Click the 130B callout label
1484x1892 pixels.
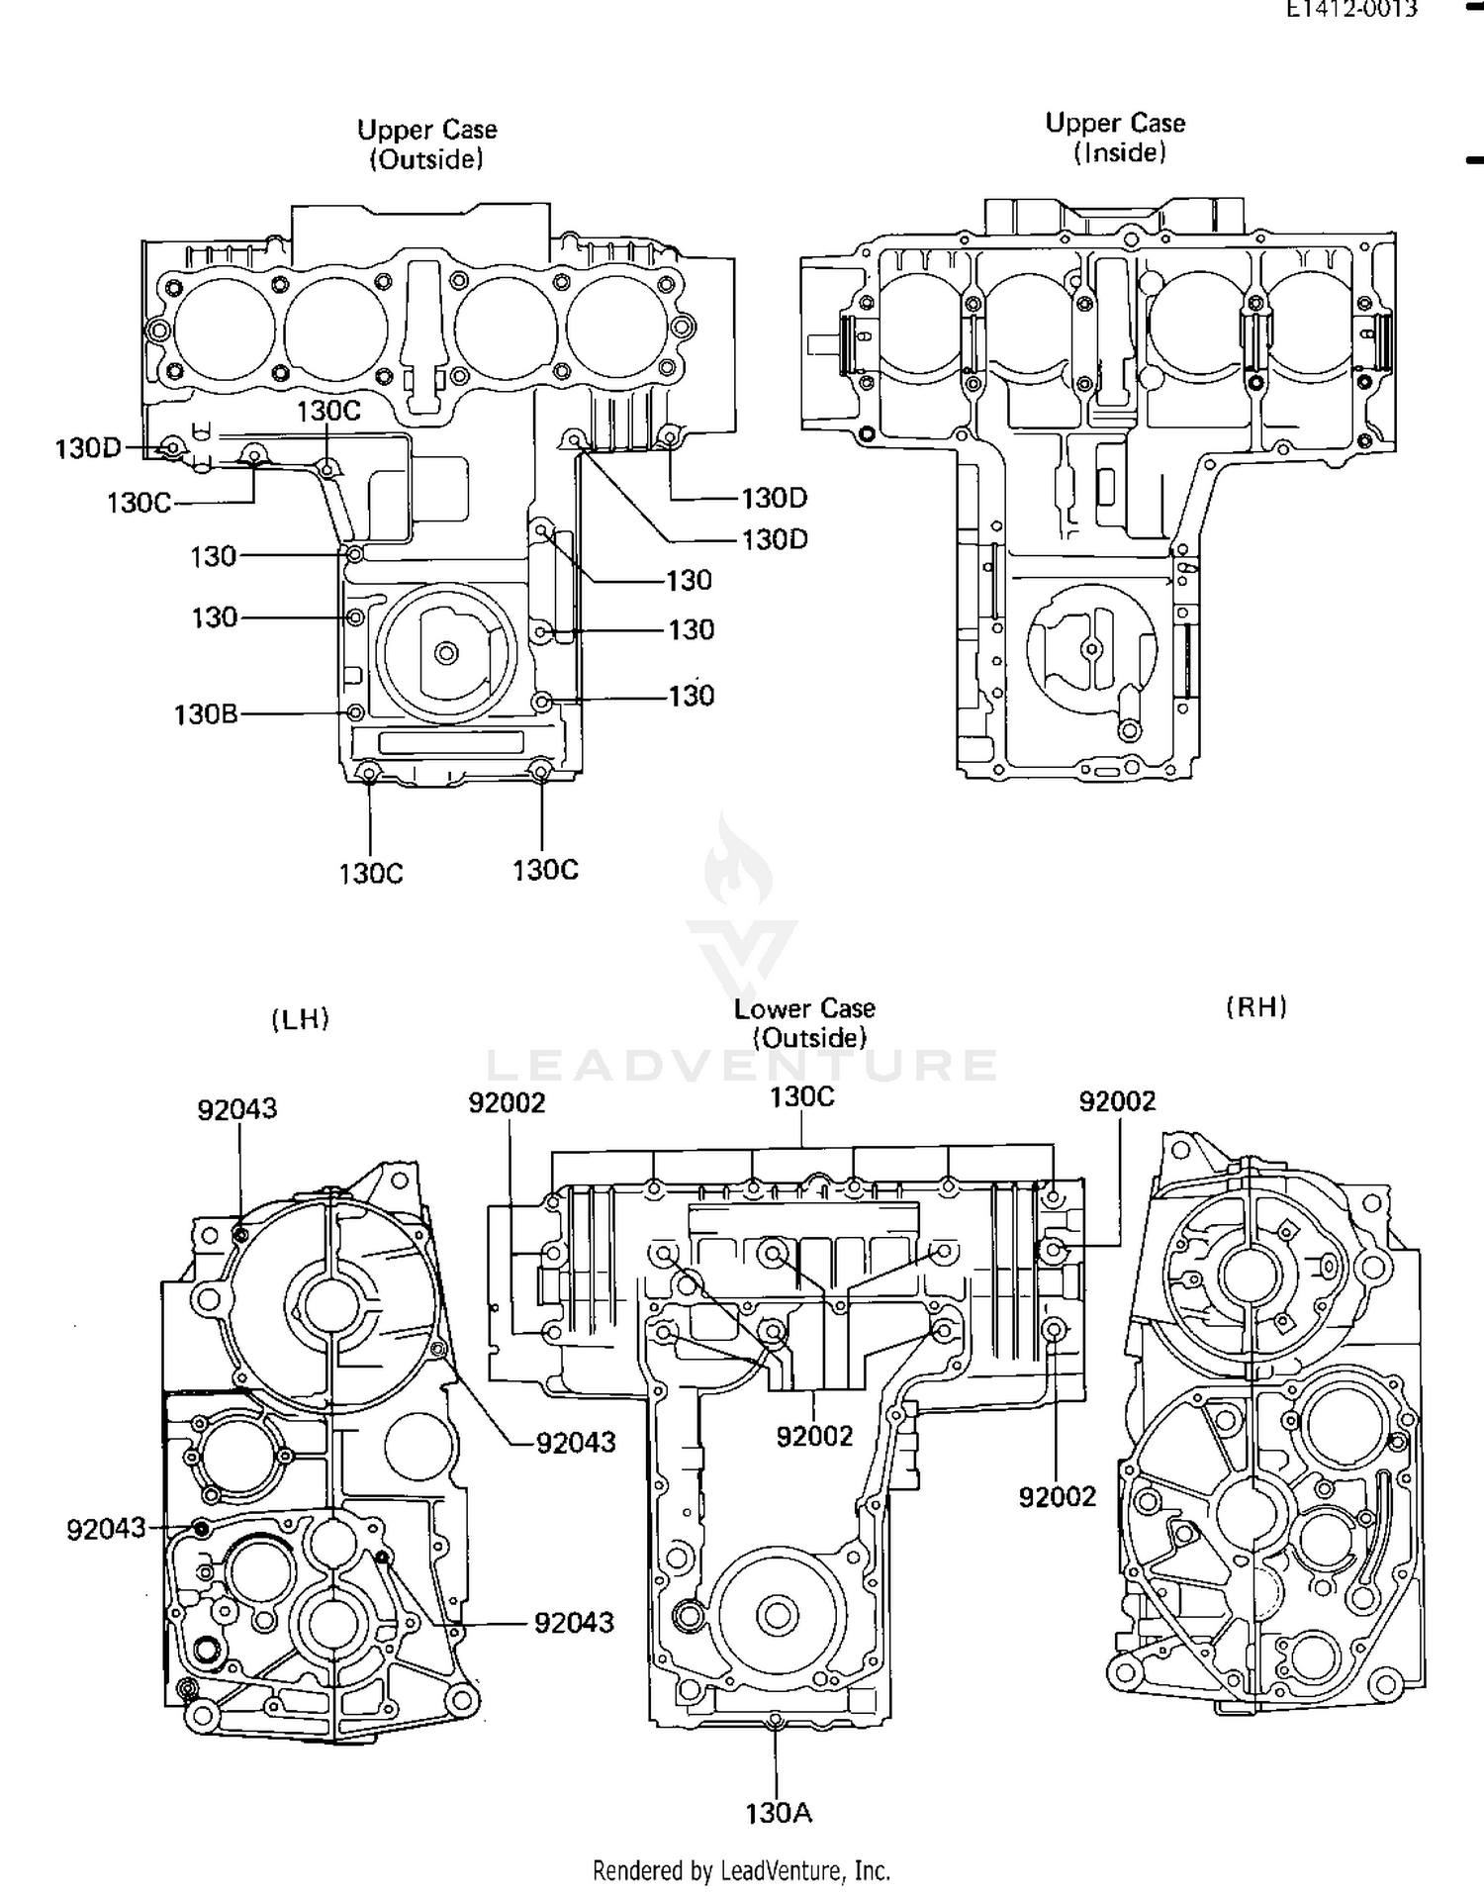[x=206, y=714]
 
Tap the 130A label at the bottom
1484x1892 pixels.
[x=779, y=1813]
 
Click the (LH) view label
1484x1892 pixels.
[x=300, y=1019]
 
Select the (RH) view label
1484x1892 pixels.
[x=1256, y=1007]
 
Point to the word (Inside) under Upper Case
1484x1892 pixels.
[x=1120, y=152]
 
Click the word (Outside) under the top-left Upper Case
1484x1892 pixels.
[x=426, y=159]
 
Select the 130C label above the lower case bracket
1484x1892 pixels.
[x=802, y=1096]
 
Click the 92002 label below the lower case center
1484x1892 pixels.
[x=814, y=1436]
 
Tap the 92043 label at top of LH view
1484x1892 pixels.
[x=237, y=1109]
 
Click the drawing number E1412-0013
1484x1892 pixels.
[x=1351, y=10]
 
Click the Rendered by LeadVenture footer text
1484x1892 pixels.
[x=741, y=1870]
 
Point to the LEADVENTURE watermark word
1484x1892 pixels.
[x=742, y=1066]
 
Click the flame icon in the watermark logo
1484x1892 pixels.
[x=738, y=861]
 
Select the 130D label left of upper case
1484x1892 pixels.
[x=87, y=448]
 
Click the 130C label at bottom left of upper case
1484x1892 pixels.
[x=371, y=874]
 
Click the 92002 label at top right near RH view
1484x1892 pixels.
[x=1117, y=1101]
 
